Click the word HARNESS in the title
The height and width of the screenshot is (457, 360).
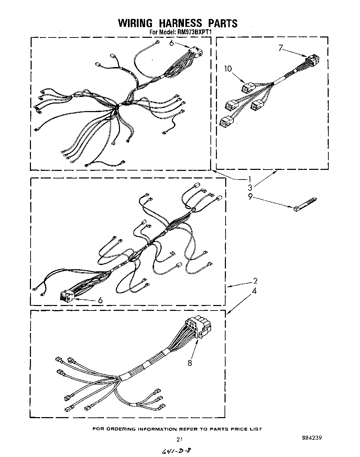click(177, 23)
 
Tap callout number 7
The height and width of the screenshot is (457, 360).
click(281, 48)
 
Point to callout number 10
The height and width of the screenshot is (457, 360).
click(228, 69)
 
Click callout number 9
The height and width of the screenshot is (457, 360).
click(250, 197)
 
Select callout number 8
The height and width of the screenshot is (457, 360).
click(190, 363)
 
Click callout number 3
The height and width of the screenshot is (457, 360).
click(250, 188)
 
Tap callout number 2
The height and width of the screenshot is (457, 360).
click(255, 281)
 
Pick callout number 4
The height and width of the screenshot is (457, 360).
click(254, 291)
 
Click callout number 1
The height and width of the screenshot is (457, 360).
click(250, 179)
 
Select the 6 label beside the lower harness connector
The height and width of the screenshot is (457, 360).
click(100, 300)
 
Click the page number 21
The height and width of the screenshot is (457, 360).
click(179, 439)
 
